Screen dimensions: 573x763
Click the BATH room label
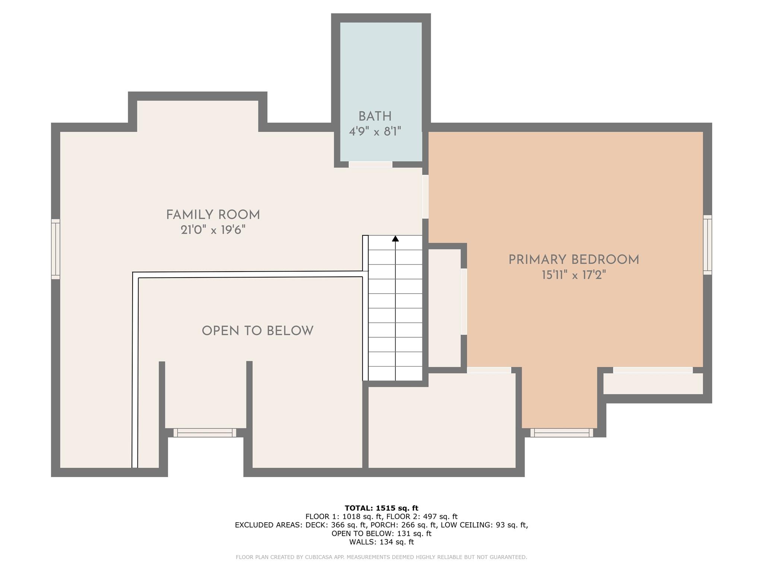pos(375,117)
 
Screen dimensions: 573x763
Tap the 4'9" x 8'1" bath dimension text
pos(375,132)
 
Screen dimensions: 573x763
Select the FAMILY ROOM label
pos(213,215)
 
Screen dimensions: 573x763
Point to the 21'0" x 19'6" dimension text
pos(213,230)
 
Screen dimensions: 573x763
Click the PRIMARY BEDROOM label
pos(573,260)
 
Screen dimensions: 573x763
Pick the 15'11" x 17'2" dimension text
pos(573,276)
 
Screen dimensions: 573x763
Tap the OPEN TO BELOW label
pos(257,331)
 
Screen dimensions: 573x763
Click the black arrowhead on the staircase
pos(395,238)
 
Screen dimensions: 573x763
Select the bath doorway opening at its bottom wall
pos(370,165)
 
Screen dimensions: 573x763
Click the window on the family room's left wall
pos(56,249)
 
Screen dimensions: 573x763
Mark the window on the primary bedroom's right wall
pos(707,245)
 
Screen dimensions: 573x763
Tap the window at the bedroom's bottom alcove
pos(561,433)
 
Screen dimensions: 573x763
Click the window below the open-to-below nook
pos(205,433)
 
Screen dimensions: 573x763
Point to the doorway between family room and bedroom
pos(425,197)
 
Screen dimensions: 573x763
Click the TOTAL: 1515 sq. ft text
pos(381,508)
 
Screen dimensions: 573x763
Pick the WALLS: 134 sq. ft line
pos(381,542)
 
